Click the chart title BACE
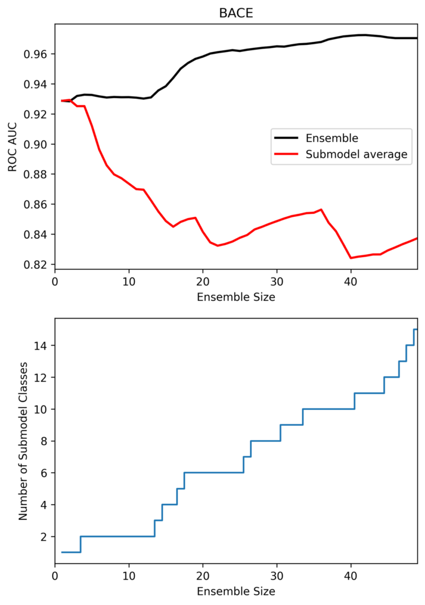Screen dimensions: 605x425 [236, 13]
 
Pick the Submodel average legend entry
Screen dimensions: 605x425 [356, 155]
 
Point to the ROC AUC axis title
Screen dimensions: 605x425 [12, 145]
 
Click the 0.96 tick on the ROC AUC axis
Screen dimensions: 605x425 [37, 54]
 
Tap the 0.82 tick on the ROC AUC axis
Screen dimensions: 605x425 [37, 265]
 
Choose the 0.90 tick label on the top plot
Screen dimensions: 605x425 [37, 144]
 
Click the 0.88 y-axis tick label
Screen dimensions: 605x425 [37, 174]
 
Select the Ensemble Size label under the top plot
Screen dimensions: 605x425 [236, 297]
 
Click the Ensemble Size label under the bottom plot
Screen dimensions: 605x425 [236, 590]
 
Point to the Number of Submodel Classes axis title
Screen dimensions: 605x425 [23, 441]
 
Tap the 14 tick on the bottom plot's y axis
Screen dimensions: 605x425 [41, 345]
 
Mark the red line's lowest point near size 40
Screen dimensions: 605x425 [351, 258]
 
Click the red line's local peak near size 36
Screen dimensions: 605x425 [321, 209]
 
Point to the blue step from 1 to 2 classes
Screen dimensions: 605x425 [80, 544]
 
